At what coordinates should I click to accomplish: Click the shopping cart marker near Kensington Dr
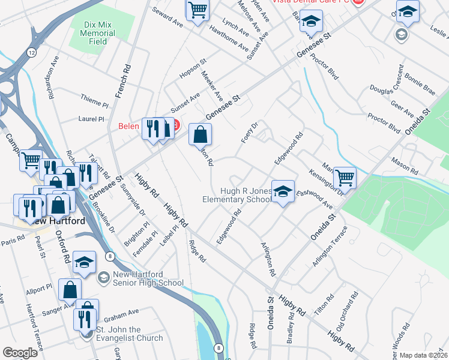[345, 178]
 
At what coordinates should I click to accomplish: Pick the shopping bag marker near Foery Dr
[200, 135]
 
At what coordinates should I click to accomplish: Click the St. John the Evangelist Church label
[130, 334]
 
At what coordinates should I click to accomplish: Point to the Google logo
[20, 353]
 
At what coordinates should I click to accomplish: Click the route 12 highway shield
[31, 53]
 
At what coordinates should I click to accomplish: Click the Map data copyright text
[423, 355]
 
